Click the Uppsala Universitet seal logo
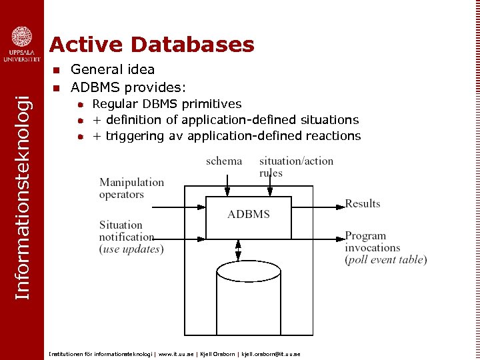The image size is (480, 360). point(21,37)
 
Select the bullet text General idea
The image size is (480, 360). point(113,69)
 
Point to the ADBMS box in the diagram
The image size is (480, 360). point(249,215)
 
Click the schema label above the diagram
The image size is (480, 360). point(224,161)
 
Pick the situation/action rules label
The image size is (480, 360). point(296,167)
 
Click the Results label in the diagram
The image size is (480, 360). point(363,203)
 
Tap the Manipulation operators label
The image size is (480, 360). point(131,188)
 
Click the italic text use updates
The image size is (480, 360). point(131,249)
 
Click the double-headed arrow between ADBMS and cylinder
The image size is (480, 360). point(238,250)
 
